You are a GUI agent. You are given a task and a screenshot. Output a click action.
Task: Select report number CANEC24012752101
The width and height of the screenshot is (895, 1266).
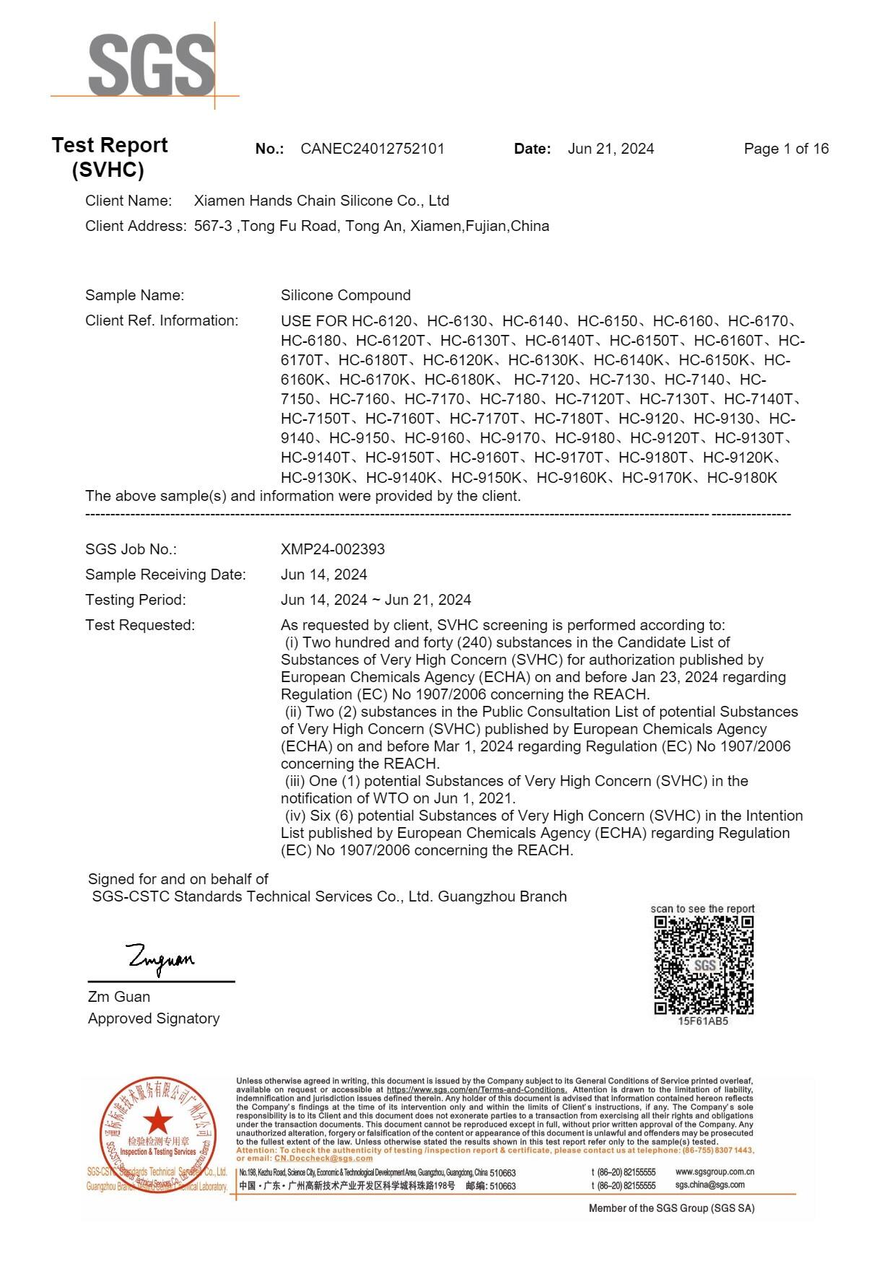[372, 149]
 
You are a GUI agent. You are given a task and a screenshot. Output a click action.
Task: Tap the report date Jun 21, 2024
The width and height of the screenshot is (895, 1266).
[611, 149]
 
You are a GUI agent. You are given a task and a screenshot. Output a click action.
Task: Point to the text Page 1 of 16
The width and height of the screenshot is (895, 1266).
[786, 149]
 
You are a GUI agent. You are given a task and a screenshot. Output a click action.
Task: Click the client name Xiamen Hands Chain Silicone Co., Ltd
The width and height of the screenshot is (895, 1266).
[322, 201]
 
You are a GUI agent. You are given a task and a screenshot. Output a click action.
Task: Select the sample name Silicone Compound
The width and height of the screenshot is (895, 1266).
[346, 295]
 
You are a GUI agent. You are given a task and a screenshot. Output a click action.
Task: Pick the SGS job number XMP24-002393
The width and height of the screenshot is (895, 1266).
[333, 549]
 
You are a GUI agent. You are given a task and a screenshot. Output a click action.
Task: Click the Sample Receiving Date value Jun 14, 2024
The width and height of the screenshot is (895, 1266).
[324, 575]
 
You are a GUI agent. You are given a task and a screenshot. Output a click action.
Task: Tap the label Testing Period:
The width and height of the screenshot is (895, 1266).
[136, 600]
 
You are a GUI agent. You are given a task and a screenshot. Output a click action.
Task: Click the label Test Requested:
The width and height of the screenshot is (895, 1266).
[140, 625]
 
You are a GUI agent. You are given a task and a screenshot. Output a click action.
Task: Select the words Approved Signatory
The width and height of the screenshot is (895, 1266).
[154, 1018]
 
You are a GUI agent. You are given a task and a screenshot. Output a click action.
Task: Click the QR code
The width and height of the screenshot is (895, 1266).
[704, 965]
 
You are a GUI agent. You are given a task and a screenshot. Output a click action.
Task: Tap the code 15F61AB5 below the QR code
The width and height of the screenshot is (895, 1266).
[703, 1022]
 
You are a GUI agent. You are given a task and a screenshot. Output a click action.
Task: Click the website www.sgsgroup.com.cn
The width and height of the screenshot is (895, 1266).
[715, 1172]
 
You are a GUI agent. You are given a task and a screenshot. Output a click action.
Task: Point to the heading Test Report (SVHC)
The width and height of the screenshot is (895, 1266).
[109, 157]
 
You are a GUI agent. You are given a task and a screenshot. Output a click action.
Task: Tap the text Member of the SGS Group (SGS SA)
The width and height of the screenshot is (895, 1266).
[671, 1208]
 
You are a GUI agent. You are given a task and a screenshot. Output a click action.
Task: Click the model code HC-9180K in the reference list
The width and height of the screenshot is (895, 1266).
[742, 478]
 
